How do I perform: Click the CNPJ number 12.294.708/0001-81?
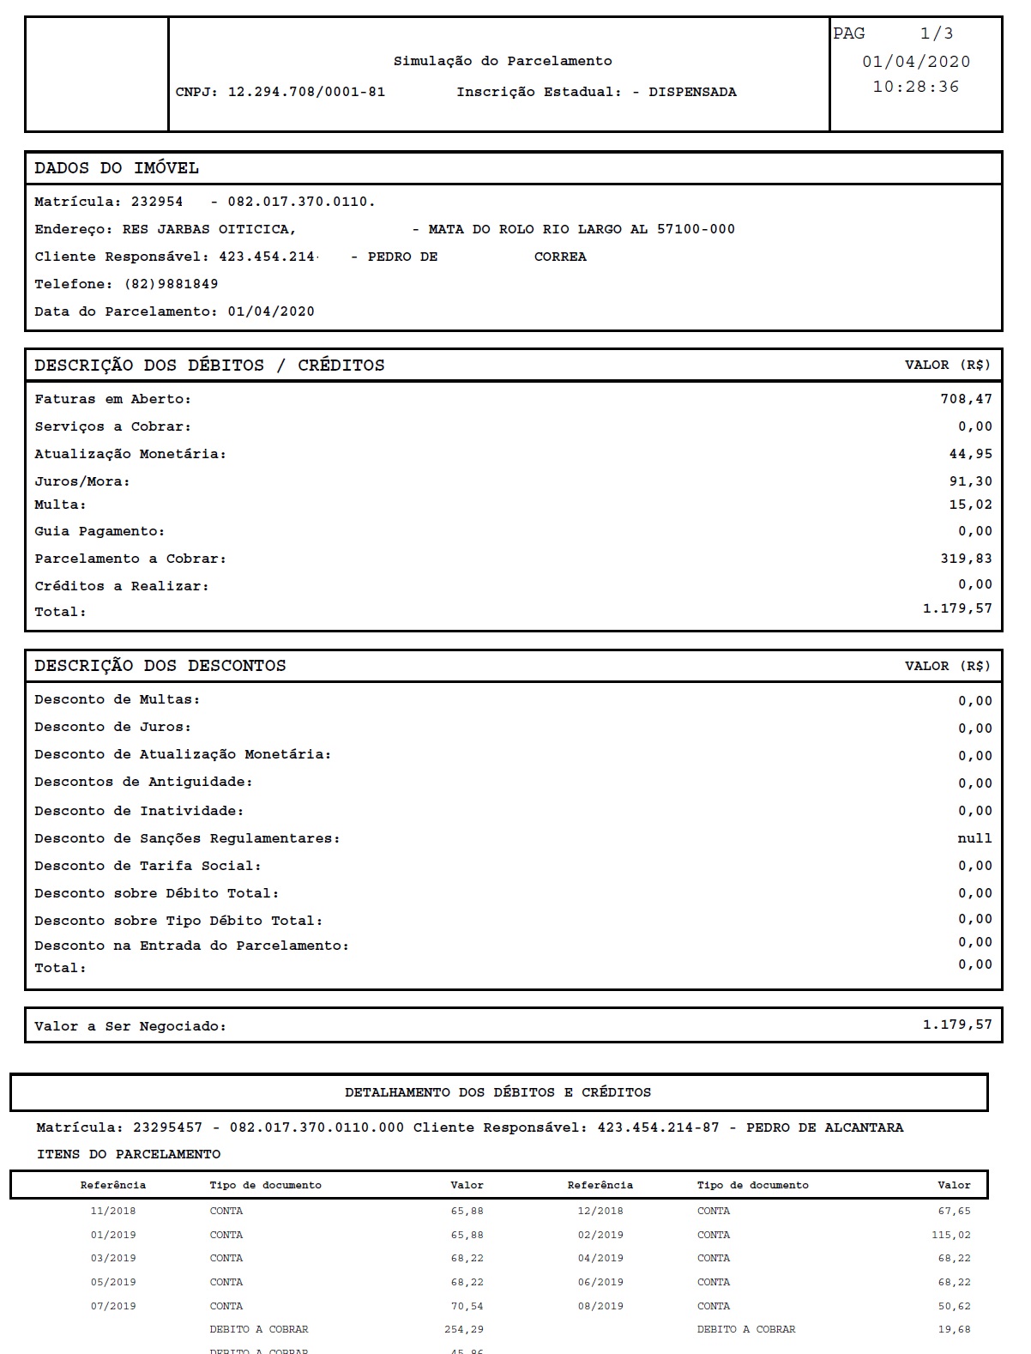pyautogui.click(x=306, y=92)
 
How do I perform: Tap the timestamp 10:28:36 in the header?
pyautogui.click(x=915, y=87)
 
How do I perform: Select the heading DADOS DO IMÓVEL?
pyautogui.click(x=117, y=168)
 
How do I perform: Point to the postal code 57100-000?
pyautogui.click(x=696, y=229)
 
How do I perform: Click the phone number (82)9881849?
pyautogui.click(x=172, y=284)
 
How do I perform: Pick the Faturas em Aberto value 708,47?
pyautogui.click(x=966, y=399)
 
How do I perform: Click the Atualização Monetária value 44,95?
pyautogui.click(x=970, y=454)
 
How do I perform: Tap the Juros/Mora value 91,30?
pyautogui.click(x=970, y=481)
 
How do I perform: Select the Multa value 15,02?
pyautogui.click(x=970, y=505)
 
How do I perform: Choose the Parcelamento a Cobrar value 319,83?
pyautogui.click(x=966, y=559)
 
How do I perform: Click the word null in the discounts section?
pyautogui.click(x=974, y=838)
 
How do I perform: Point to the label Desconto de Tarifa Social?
pyautogui.click(x=148, y=866)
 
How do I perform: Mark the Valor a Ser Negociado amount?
pyautogui.click(x=957, y=1025)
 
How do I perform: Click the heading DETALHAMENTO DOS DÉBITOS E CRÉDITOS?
pyautogui.click(x=497, y=1092)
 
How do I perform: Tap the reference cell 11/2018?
pyautogui.click(x=113, y=1211)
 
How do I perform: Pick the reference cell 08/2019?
pyautogui.click(x=600, y=1306)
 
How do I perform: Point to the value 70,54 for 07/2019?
pyautogui.click(x=467, y=1306)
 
